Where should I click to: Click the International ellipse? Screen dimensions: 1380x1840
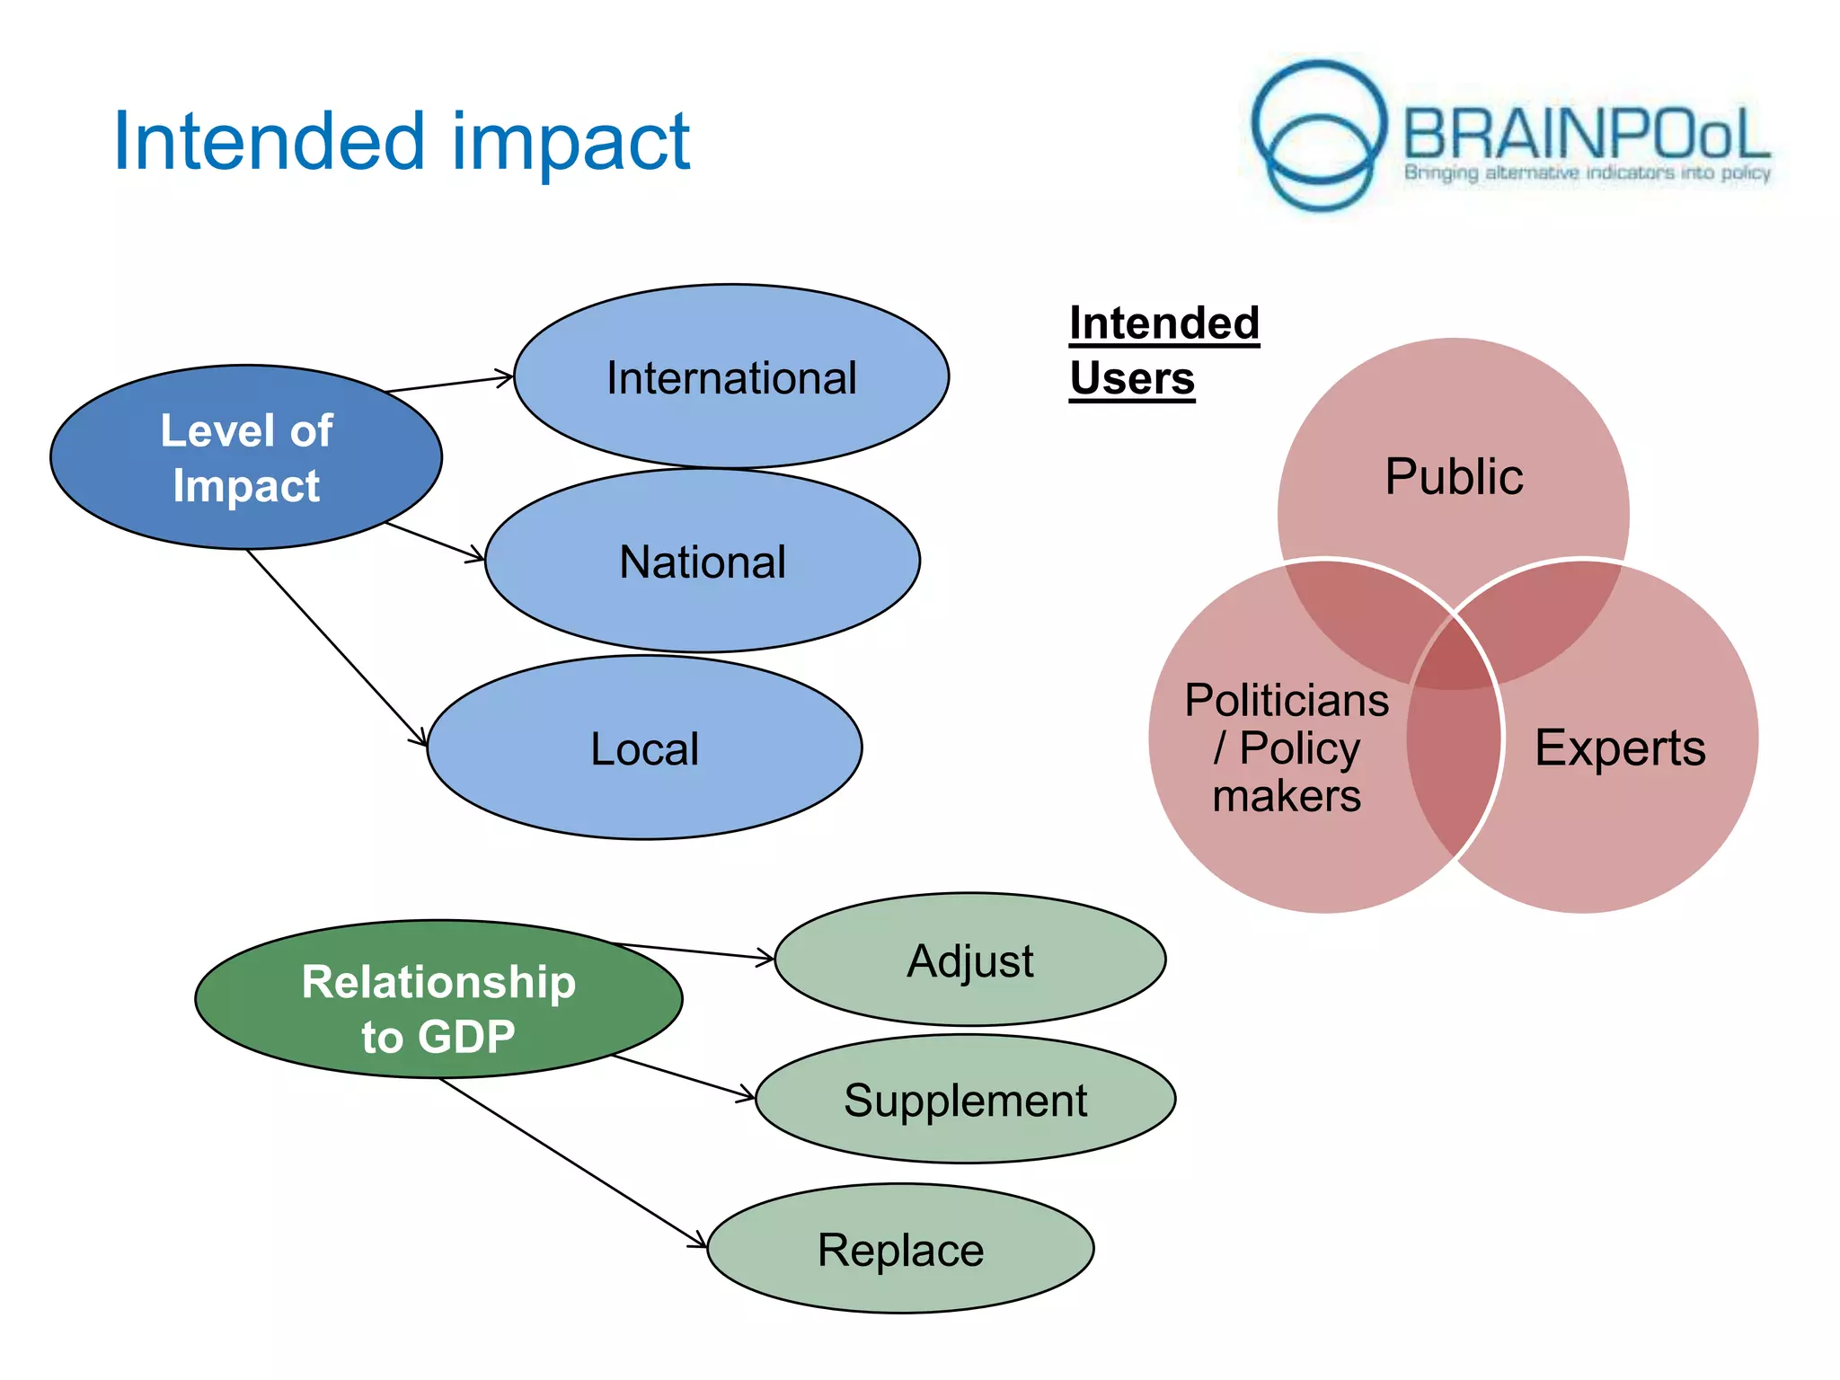[x=731, y=376]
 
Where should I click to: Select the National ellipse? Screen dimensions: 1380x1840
[x=703, y=562]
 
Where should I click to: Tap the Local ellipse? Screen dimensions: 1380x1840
[x=644, y=748]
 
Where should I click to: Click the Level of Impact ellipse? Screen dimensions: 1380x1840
[x=246, y=457]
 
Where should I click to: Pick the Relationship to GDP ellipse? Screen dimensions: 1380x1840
[x=438, y=999]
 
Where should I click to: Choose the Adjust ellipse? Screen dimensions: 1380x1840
[x=970, y=960]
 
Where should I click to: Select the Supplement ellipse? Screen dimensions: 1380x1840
[x=966, y=1100]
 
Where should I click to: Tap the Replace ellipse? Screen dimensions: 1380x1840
[x=900, y=1249]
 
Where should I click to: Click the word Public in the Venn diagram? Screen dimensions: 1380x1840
[x=1454, y=476]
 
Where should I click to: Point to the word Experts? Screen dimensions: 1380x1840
[x=1620, y=747]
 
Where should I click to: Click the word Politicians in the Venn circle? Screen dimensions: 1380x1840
[x=1287, y=700]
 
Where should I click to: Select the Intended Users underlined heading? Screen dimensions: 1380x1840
[x=1163, y=351]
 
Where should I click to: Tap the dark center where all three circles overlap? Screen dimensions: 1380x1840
[x=1454, y=656]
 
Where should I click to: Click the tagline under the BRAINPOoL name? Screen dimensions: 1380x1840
[x=1587, y=172]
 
